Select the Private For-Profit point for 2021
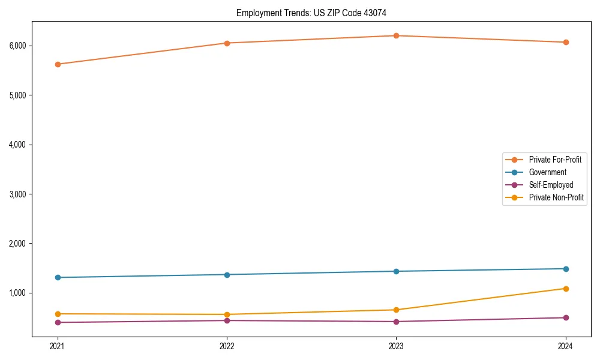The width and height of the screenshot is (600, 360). (58, 64)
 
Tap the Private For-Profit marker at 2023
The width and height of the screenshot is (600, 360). (396, 36)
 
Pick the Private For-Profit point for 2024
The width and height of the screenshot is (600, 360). (565, 42)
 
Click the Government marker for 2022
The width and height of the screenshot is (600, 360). (227, 275)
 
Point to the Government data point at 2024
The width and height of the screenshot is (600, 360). (565, 269)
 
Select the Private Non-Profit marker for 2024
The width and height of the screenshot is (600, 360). (565, 289)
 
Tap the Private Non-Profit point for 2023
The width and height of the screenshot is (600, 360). (396, 310)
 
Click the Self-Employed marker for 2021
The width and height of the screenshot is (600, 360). (58, 322)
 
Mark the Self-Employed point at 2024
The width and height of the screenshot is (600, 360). (565, 317)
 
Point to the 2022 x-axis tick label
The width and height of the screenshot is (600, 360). (227, 346)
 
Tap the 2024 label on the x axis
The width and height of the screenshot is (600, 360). (565, 346)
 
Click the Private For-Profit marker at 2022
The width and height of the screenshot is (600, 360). (227, 43)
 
